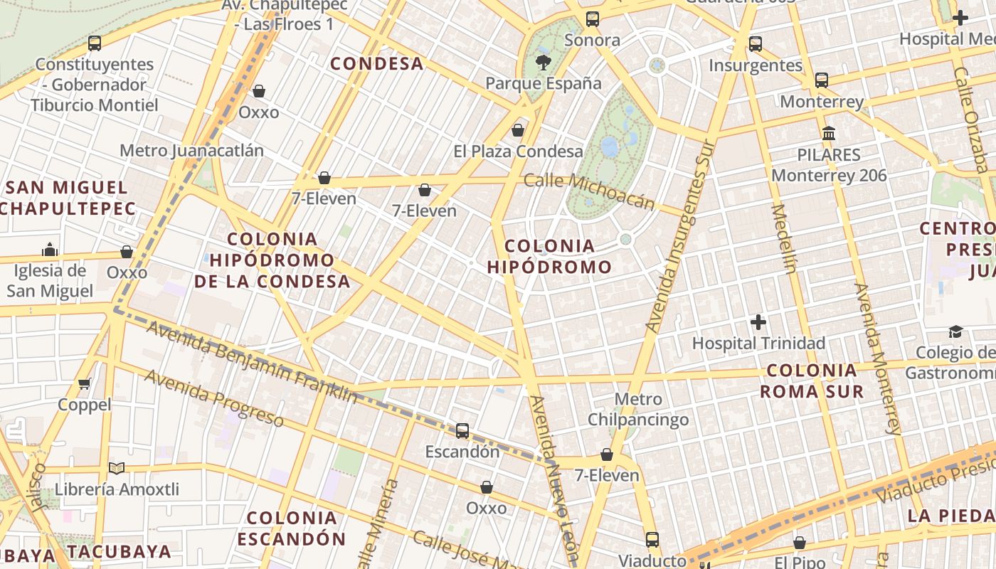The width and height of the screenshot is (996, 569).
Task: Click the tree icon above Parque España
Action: (x=544, y=62)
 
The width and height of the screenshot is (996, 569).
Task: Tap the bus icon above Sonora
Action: (x=592, y=19)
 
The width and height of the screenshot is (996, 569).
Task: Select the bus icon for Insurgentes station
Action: (x=755, y=44)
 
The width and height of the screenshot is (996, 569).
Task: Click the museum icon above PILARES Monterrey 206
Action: (x=828, y=133)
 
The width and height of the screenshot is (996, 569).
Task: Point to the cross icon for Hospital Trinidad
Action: (x=758, y=322)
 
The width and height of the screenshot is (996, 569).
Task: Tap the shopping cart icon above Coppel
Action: (x=85, y=384)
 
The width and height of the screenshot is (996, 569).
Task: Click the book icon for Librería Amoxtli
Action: (x=117, y=469)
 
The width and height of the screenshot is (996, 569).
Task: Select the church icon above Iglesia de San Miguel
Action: (x=50, y=250)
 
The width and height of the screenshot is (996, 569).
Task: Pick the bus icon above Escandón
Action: (x=462, y=430)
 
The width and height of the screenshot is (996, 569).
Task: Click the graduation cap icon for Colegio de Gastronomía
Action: (x=955, y=331)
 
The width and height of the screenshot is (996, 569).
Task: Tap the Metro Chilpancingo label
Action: (x=638, y=409)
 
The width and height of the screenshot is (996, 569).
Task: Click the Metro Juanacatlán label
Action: (x=191, y=151)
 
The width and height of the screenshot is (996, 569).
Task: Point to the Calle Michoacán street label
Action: (x=589, y=191)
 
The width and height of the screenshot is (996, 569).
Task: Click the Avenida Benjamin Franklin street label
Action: (x=252, y=361)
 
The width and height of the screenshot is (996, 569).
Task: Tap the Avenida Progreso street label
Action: (x=214, y=398)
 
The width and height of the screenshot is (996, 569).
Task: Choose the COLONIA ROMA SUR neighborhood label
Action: (x=812, y=381)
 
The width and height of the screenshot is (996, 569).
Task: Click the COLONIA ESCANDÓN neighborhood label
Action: (x=292, y=528)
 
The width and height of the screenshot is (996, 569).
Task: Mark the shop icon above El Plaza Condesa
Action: (x=518, y=130)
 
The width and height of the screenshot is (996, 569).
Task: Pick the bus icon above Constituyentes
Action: (x=95, y=43)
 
